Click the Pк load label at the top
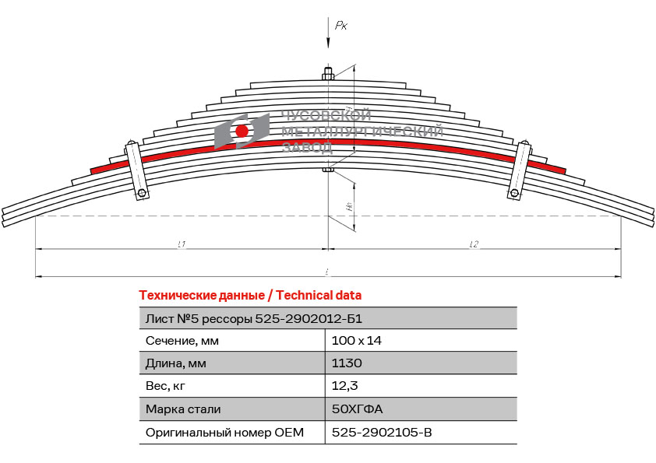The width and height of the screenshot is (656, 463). click(x=341, y=26)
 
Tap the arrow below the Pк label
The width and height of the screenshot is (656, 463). click(x=328, y=44)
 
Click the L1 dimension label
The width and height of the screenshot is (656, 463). click(x=181, y=244)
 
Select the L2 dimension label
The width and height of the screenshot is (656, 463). click(x=473, y=244)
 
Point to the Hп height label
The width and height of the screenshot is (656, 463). click(x=350, y=207)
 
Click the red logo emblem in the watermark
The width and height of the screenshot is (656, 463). click(x=242, y=130)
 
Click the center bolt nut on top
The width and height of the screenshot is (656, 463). click(x=328, y=75)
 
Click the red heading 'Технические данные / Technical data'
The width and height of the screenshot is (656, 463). click(x=250, y=296)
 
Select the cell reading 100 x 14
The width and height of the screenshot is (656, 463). click(x=356, y=341)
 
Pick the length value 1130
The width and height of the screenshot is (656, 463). click(x=347, y=363)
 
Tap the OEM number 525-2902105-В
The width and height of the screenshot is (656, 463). click(x=381, y=432)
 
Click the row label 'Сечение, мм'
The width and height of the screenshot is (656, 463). click(x=182, y=341)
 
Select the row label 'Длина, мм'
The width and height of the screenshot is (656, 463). click(x=176, y=363)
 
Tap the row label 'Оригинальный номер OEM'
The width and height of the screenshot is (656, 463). click(x=224, y=432)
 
